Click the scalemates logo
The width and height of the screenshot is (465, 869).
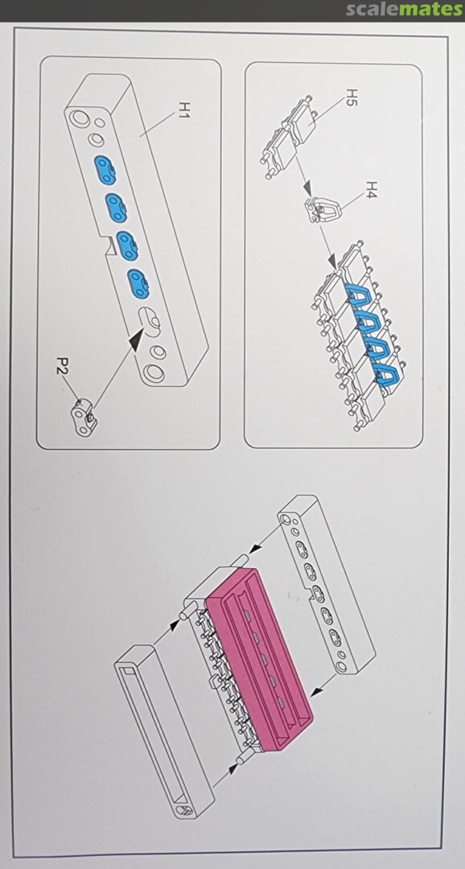404,10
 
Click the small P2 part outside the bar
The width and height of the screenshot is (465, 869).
84,416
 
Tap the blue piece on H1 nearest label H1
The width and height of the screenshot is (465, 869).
105,170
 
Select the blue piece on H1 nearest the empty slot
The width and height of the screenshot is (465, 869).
138,283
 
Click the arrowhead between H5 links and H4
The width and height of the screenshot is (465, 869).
307,190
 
